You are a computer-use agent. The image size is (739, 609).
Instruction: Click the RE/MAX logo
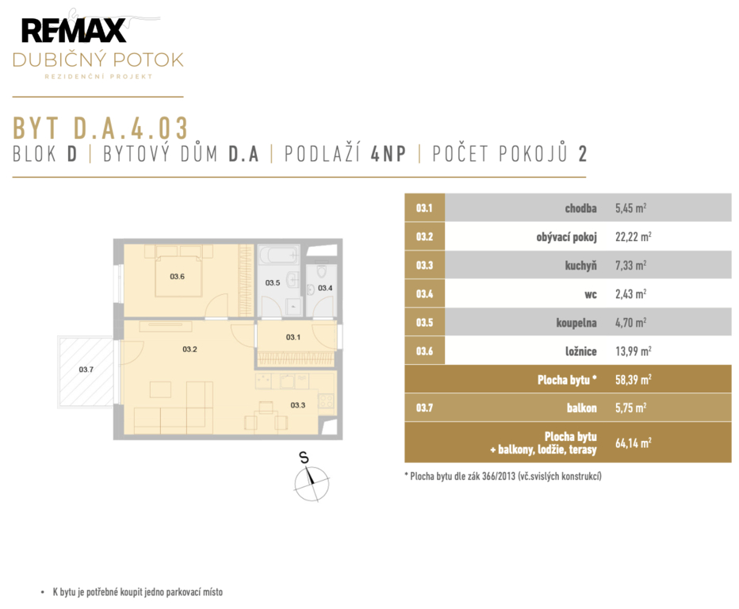point(74,31)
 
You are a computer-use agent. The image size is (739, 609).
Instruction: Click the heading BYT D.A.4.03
point(101,128)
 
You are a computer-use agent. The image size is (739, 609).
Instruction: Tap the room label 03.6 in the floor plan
point(177,277)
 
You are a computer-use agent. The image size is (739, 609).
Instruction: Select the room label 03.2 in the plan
point(190,349)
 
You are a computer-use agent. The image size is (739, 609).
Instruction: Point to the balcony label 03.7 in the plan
point(86,370)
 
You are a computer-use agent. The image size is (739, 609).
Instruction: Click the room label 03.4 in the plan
point(325,288)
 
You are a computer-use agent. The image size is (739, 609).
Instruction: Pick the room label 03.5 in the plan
point(273,283)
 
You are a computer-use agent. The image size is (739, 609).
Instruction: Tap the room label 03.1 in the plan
point(293,337)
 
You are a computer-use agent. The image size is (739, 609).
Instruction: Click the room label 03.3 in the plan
point(298,405)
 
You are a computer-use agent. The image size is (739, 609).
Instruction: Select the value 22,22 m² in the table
point(633,236)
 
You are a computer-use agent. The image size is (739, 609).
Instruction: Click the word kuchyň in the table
point(580,266)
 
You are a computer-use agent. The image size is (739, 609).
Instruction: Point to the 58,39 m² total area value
point(633,380)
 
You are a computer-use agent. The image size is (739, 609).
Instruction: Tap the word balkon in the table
point(581,408)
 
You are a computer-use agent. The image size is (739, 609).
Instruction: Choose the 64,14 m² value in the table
point(633,442)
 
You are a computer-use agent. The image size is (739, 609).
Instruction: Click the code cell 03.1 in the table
point(424,208)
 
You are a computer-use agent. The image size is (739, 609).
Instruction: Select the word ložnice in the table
point(581,351)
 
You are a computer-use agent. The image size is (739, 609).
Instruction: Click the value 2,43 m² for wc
point(630,293)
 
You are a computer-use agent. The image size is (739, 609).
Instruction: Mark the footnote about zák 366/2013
point(503,476)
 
